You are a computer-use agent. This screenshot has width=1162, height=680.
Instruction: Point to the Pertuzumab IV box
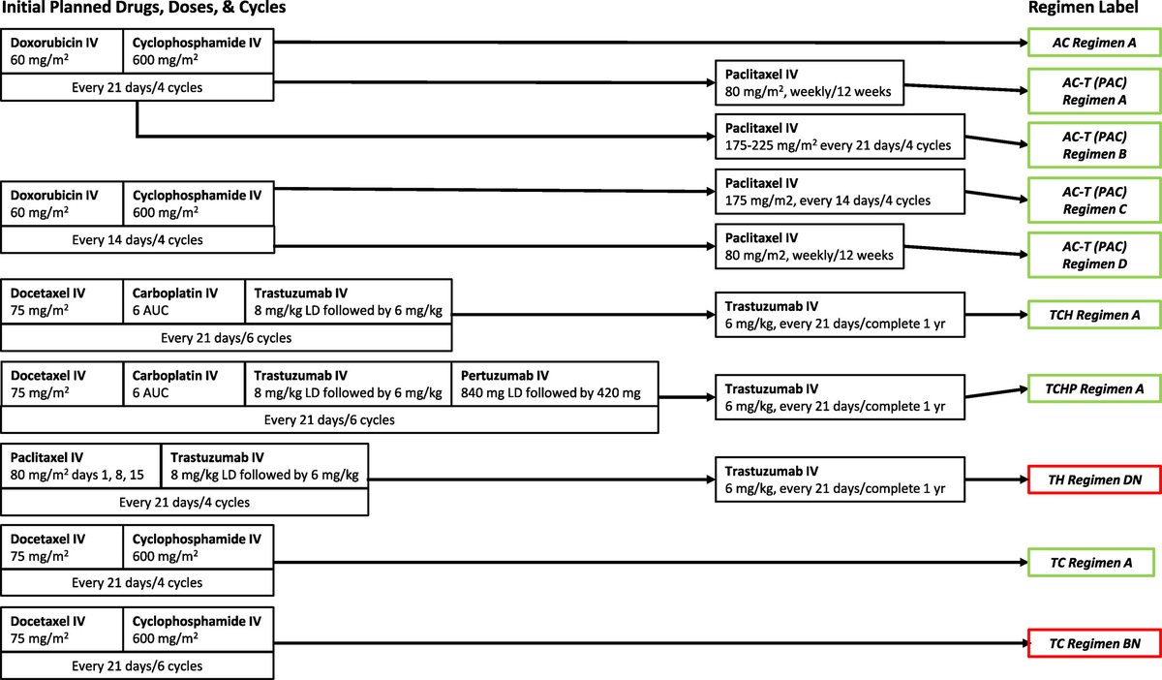[554, 385]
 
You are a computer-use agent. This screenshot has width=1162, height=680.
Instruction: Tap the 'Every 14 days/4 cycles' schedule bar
[138, 239]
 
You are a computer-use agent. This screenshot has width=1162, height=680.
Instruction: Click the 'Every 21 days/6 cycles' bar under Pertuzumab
[329, 419]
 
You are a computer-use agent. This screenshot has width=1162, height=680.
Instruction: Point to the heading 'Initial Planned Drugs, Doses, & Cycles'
[142, 8]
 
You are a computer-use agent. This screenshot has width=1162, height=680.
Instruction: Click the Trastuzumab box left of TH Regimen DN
[840, 479]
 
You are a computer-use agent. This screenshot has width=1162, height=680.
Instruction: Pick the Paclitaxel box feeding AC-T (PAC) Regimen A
[809, 83]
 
